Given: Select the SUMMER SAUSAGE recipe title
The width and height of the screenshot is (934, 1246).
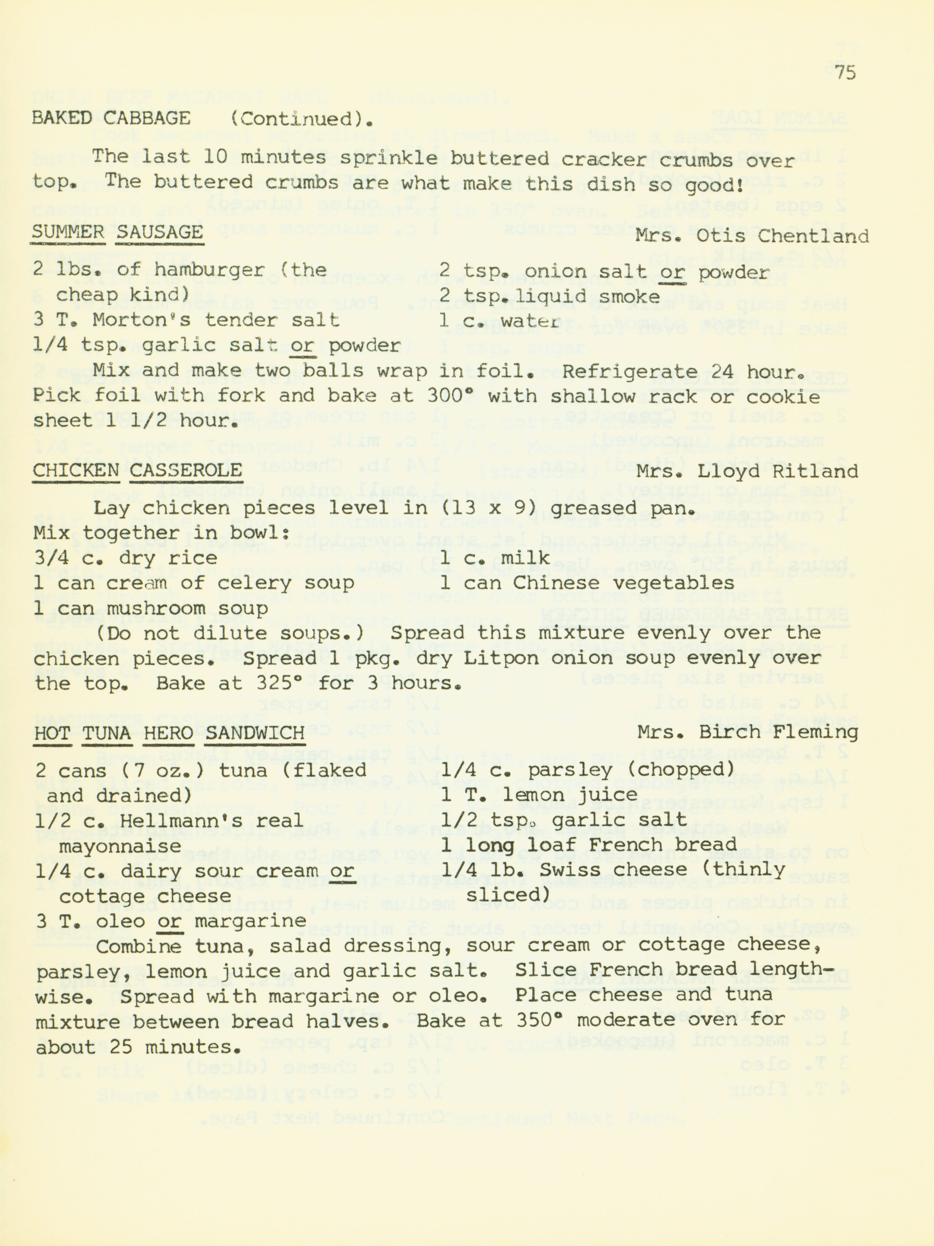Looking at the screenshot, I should tap(117, 232).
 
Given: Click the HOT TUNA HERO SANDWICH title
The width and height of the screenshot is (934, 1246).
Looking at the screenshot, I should tap(169, 733).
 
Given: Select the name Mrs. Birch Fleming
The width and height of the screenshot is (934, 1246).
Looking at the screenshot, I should tap(748, 732).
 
